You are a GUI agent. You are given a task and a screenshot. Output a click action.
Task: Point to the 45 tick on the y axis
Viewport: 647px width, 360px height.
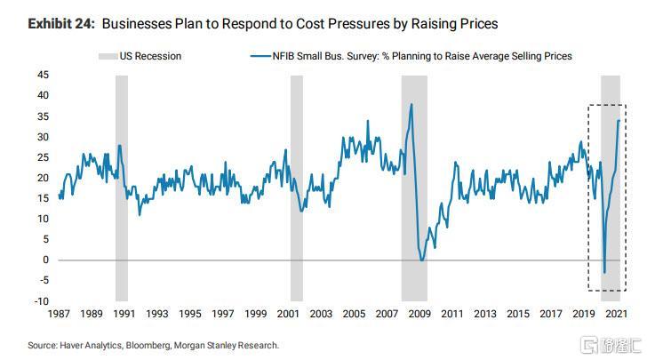(x=44, y=75)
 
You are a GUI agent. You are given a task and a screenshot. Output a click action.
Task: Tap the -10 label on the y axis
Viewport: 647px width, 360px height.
(x=42, y=301)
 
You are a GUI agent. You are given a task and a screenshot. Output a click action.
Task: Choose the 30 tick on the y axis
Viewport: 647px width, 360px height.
(x=44, y=136)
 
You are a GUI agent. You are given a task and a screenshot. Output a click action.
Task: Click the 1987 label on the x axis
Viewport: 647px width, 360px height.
(x=59, y=314)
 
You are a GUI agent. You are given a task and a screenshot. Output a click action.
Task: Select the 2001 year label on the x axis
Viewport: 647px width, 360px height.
(x=288, y=314)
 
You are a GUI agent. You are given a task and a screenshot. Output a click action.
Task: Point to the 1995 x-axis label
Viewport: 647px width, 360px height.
(x=189, y=314)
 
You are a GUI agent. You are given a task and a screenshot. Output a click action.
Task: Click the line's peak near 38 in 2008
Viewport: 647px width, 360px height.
(x=411, y=104)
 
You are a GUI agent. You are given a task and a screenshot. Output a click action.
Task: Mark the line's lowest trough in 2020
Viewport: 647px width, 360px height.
(x=604, y=273)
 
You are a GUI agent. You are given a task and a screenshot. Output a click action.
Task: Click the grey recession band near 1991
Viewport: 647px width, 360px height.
(x=122, y=187)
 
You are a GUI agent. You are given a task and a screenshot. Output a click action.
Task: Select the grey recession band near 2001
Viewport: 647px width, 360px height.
(x=296, y=187)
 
